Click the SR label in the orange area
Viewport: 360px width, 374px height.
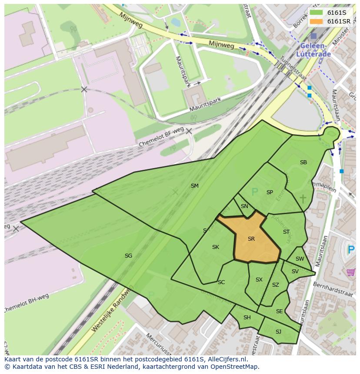click(x=251, y=239)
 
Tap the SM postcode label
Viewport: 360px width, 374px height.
click(x=195, y=186)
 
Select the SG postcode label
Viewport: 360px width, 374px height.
click(x=128, y=256)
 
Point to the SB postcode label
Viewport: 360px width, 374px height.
click(x=303, y=162)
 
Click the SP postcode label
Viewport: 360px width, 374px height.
click(x=270, y=192)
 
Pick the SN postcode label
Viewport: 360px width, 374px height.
click(x=244, y=206)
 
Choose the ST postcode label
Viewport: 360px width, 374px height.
click(x=286, y=232)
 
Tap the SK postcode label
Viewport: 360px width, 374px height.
click(x=215, y=247)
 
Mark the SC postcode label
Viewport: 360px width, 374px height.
click(x=221, y=282)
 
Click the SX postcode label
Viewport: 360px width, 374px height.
click(x=259, y=280)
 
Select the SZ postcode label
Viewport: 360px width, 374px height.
click(x=276, y=285)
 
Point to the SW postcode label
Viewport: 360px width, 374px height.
click(x=300, y=259)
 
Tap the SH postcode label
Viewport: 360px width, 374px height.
click(x=247, y=318)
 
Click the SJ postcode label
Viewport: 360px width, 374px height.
click(x=278, y=332)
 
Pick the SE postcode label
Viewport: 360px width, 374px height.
click(x=279, y=311)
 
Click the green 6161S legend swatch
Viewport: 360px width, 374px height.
click(x=316, y=12)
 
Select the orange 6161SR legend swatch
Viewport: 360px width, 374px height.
click(x=316, y=21)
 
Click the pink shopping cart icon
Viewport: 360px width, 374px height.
click(x=351, y=272)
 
